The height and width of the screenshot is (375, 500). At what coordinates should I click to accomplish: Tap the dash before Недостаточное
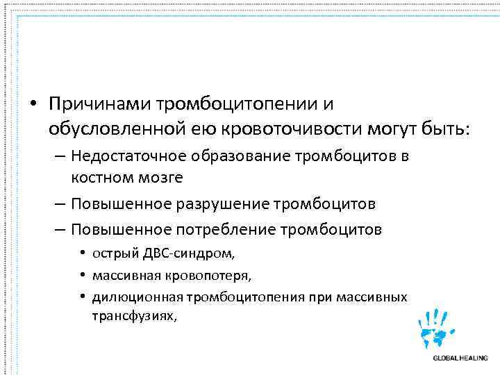(x=58, y=157)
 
